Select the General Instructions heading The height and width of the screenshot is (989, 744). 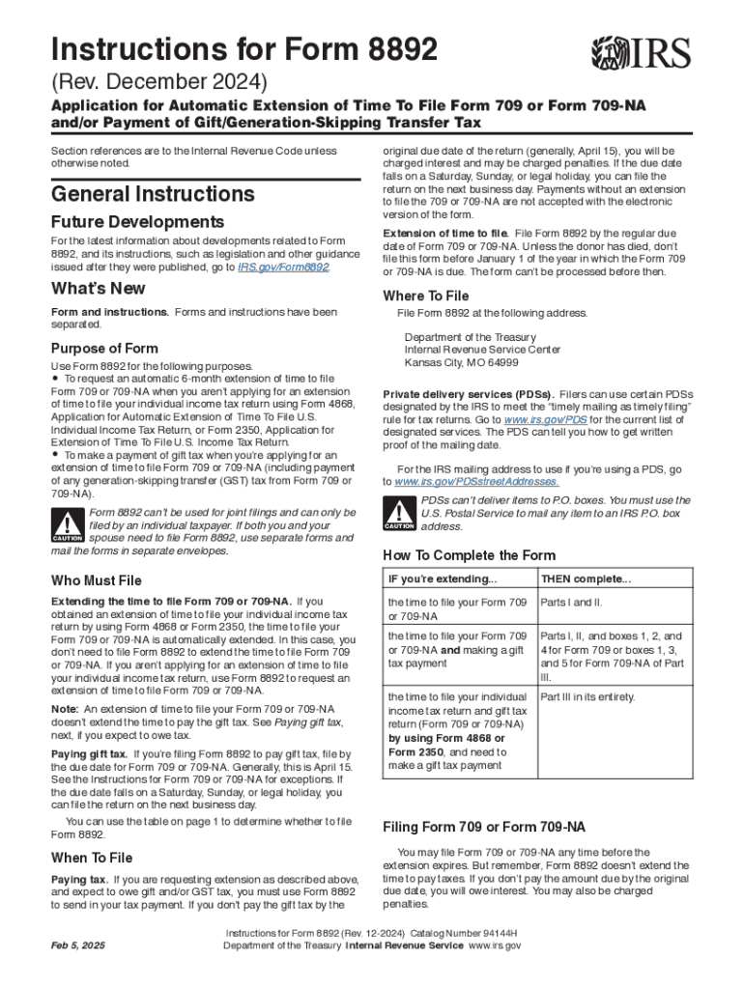pyautogui.click(x=153, y=194)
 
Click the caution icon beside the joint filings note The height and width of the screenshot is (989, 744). pyautogui.click(x=68, y=525)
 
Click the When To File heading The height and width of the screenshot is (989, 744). pyautogui.click(x=92, y=858)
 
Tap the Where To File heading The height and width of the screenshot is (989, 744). pyautogui.click(x=426, y=296)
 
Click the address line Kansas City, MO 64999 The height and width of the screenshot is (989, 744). pyautogui.click(x=461, y=363)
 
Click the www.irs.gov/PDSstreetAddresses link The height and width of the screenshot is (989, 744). pyautogui.click(x=476, y=481)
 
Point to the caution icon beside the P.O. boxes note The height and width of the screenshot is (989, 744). pyautogui.click(x=399, y=514)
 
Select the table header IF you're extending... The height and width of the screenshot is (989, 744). pyautogui.click(x=443, y=579)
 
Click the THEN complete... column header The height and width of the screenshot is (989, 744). pyautogui.click(x=586, y=579)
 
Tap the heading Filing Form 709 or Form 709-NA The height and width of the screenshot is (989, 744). pyautogui.click(x=484, y=827)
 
